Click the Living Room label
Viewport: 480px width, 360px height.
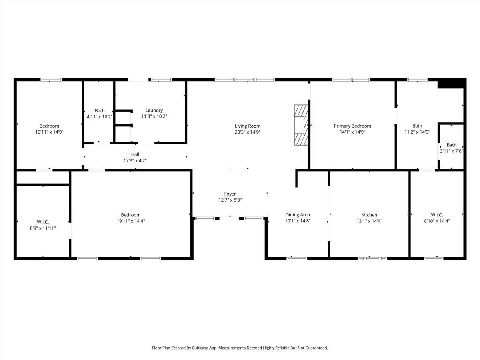248,126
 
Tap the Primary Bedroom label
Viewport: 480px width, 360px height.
352,126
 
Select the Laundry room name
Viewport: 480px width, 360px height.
154,110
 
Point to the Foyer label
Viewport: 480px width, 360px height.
230,194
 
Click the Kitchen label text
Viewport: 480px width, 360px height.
369,215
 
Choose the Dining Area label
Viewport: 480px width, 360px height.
298,215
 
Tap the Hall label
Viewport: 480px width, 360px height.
135,154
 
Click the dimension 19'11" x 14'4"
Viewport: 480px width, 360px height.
131,221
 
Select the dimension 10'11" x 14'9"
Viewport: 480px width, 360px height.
49,132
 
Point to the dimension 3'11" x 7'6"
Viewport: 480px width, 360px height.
451,151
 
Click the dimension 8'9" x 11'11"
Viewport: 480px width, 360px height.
43,228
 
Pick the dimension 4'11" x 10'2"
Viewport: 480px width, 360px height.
100,117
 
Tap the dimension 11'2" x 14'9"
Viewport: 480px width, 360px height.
417,132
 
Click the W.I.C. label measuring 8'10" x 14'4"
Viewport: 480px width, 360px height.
437,215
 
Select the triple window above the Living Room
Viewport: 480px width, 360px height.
245,80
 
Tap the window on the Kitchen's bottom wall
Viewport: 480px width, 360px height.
372,258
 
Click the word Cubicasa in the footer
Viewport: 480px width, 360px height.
200,348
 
